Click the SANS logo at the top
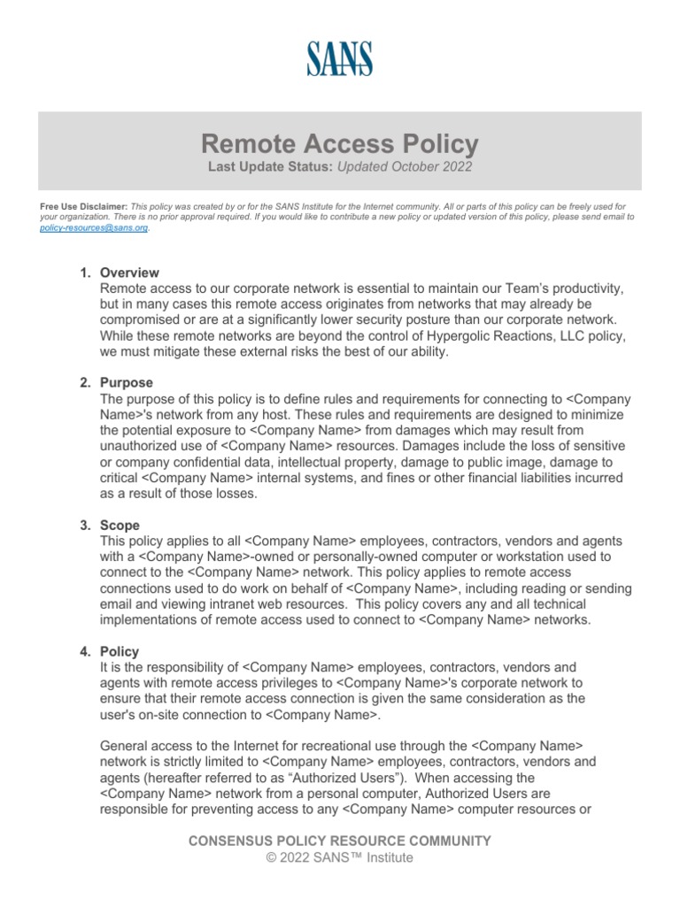[x=340, y=58]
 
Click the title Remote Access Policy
[x=340, y=143]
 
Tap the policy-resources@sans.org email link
[x=94, y=227]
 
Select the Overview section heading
[x=129, y=273]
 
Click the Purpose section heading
[x=127, y=382]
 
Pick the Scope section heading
[x=120, y=525]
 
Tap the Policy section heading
[x=120, y=651]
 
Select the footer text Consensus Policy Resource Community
[x=340, y=841]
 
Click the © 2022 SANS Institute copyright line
[x=340, y=857]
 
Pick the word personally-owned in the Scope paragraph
[x=319, y=557]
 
